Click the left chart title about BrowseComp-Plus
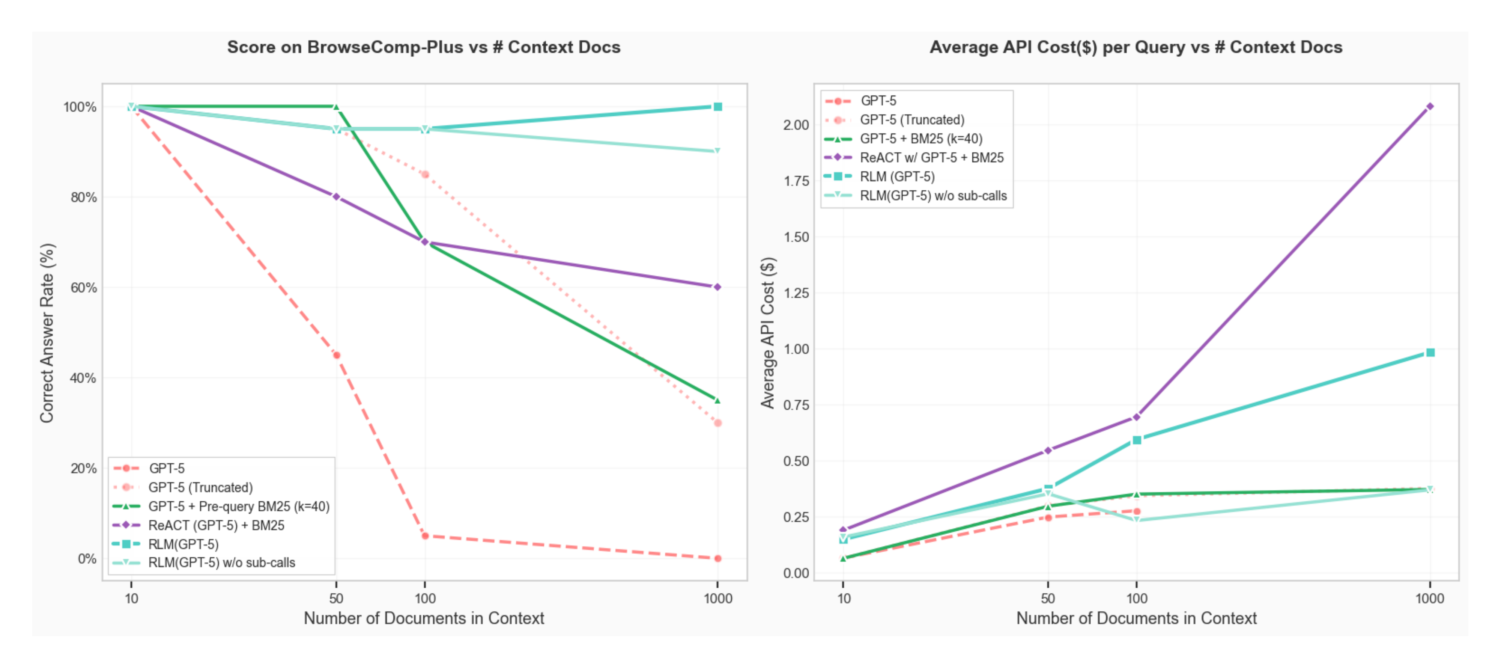point(424,47)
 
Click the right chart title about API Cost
point(1136,47)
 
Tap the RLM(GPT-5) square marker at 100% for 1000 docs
point(717,107)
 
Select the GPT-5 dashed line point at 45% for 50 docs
point(336,355)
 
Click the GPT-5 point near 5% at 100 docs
point(425,536)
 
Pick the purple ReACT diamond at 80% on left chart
point(336,197)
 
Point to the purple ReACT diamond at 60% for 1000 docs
point(717,287)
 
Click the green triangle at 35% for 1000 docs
point(717,400)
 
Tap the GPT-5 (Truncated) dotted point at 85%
point(425,174)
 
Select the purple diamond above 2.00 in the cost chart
point(1429,107)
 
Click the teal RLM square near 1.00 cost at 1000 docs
point(1429,353)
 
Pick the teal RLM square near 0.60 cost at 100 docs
point(1136,440)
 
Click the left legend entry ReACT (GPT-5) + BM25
point(216,525)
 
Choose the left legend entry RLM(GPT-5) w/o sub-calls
point(221,562)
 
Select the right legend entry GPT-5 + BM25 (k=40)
point(920,139)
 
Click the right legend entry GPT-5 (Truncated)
point(912,119)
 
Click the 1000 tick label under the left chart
point(717,598)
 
